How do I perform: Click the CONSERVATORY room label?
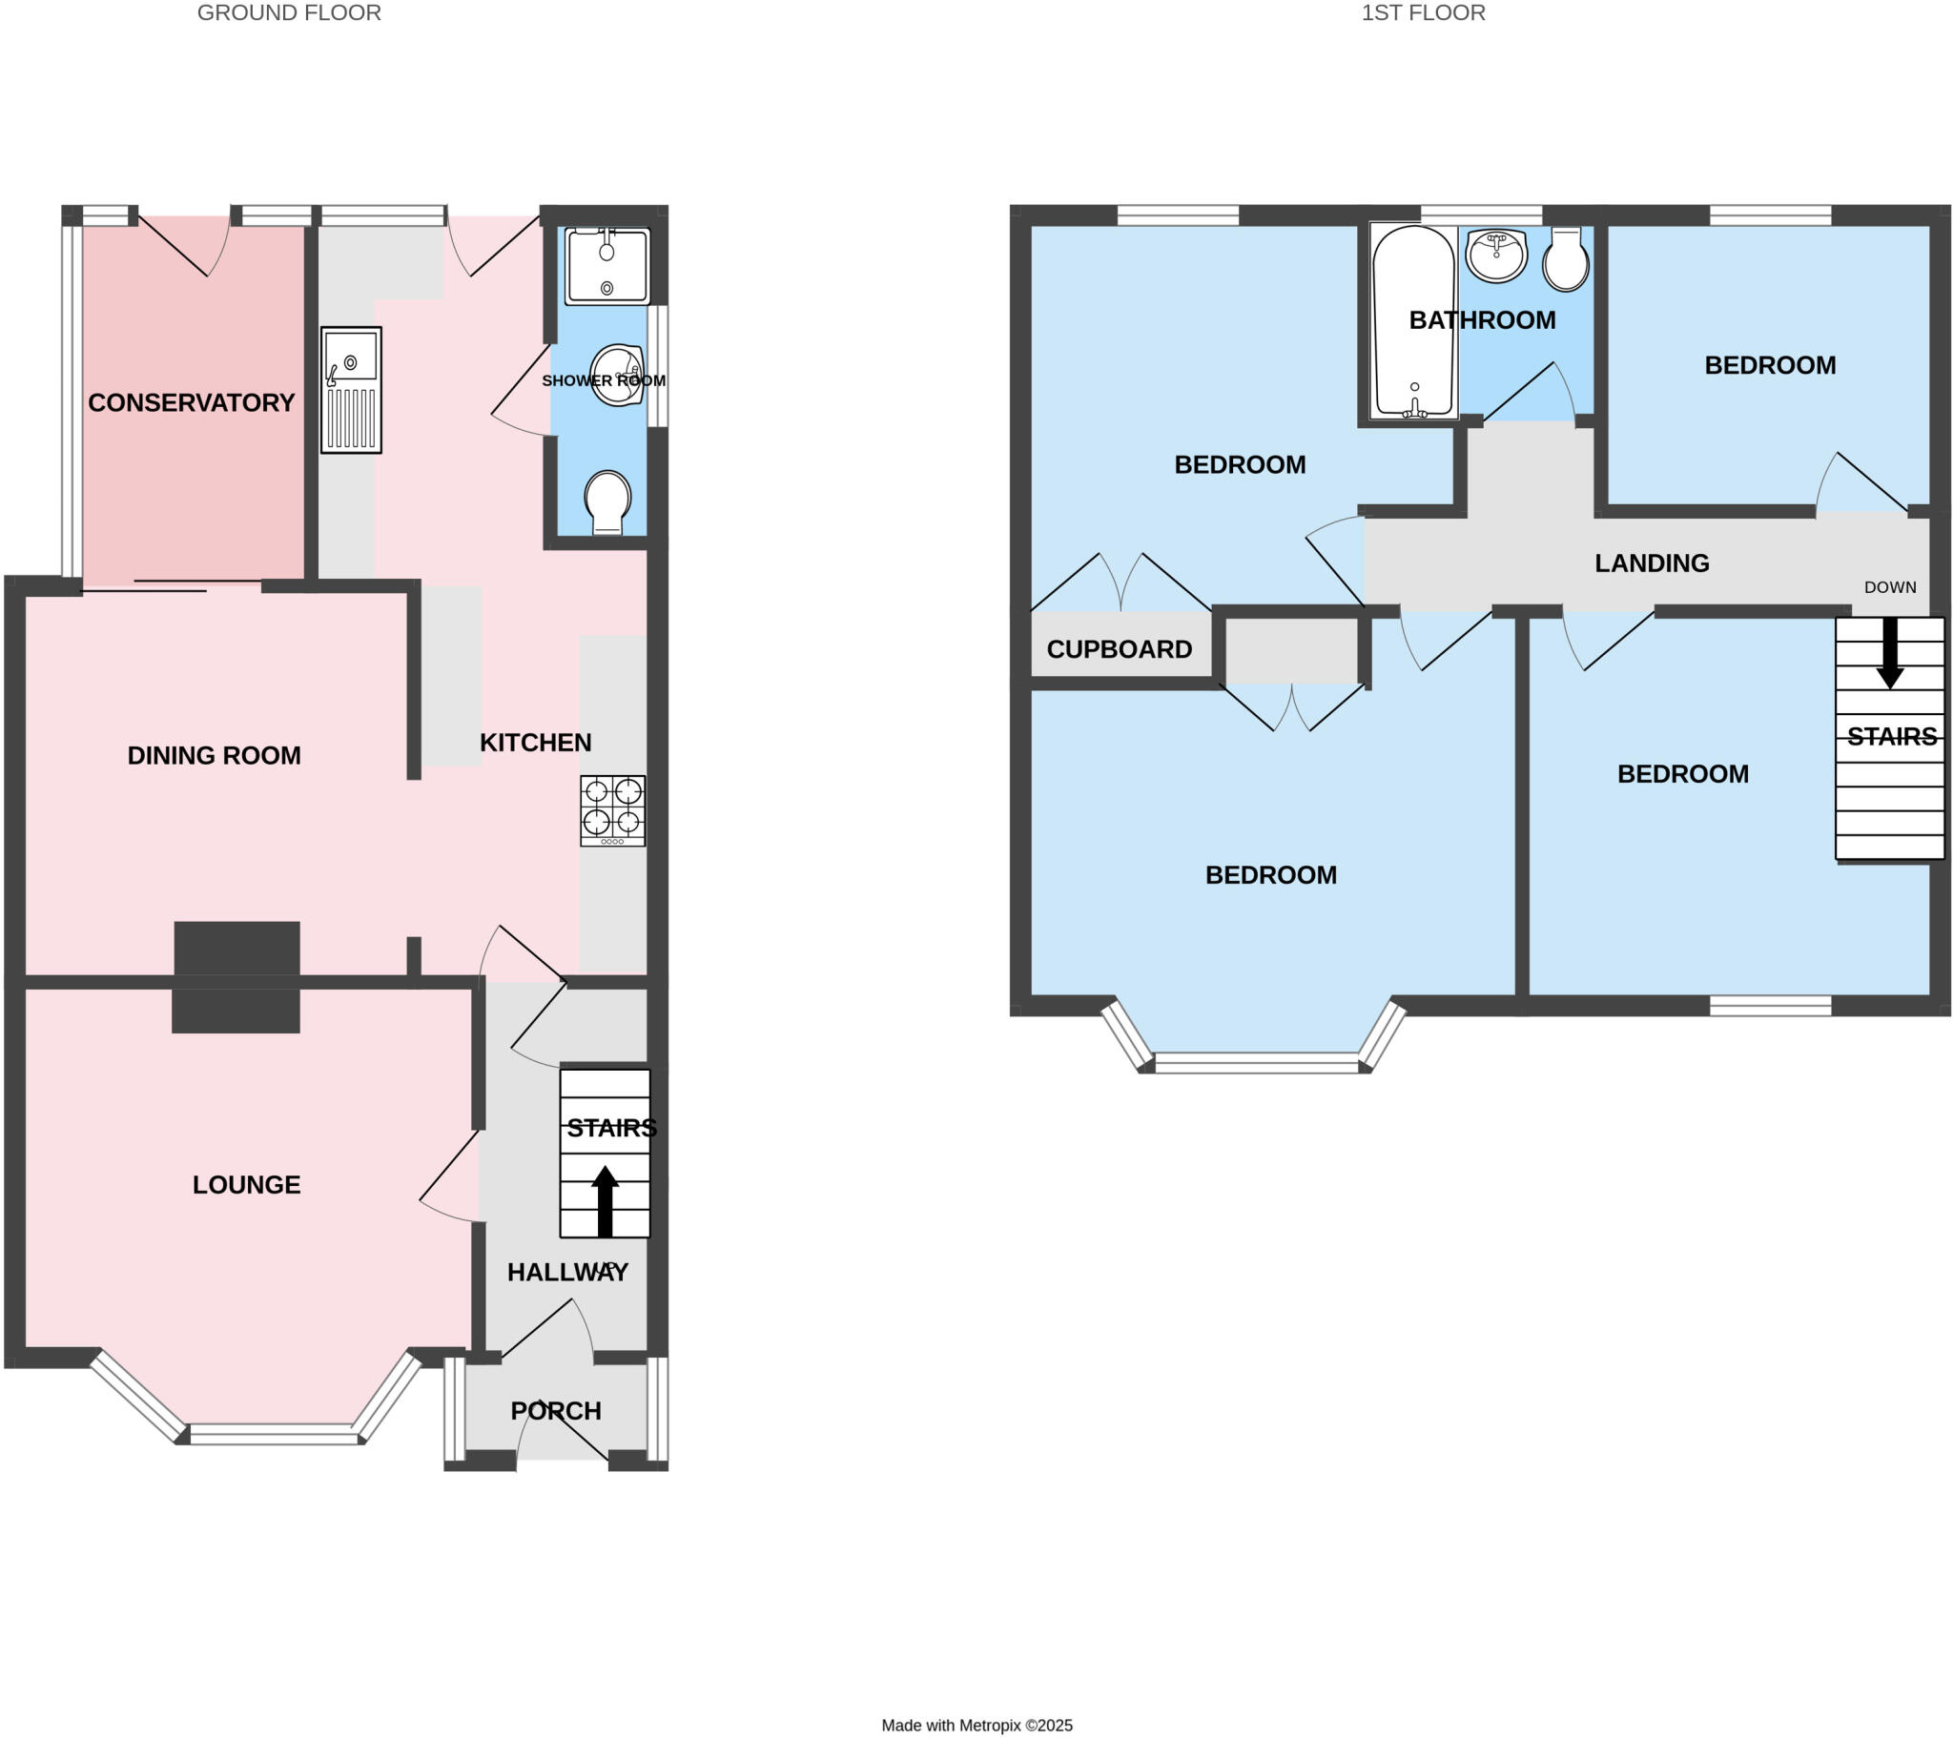[x=191, y=403]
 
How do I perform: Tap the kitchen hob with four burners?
[x=612, y=810]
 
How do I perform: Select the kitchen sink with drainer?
[x=351, y=390]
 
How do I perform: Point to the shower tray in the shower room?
[x=606, y=267]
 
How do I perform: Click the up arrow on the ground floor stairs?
[x=605, y=1201]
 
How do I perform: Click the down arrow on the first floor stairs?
[x=1889, y=653]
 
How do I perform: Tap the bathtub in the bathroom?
[x=1413, y=322]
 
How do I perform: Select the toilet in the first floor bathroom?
[x=1565, y=260]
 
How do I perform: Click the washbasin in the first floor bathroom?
[x=1496, y=255]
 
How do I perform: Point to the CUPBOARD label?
[x=1119, y=649]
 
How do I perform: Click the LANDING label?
[x=1651, y=563]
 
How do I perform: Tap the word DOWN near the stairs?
[x=1889, y=587]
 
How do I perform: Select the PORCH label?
[x=555, y=1411]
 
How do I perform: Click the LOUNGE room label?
[x=247, y=1185]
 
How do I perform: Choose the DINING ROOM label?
[x=214, y=756]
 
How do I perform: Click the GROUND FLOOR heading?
[x=289, y=13]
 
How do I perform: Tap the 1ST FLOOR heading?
[x=1422, y=13]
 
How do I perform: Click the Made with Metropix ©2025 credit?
[x=976, y=1726]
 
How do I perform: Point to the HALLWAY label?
[x=567, y=1273]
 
